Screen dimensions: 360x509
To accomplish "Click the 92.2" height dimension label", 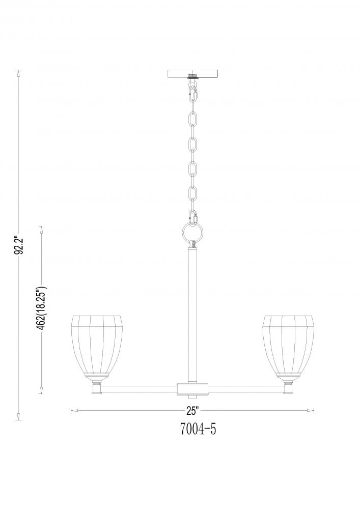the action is coord(19,245).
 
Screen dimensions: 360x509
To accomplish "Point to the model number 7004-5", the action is coord(198,429).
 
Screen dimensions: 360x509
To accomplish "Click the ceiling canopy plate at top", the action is coord(193,74).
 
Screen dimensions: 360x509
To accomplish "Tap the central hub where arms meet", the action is coord(193,389).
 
